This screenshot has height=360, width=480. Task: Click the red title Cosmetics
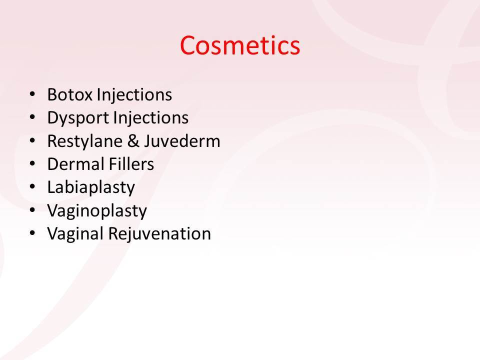point(240,45)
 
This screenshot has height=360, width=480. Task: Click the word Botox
point(70,94)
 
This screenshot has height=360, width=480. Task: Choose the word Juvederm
point(182,141)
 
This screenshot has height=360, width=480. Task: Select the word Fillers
point(131,164)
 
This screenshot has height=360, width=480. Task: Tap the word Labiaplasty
point(91,188)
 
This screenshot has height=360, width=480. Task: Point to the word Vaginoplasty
point(97,211)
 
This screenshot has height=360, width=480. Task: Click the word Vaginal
point(75,234)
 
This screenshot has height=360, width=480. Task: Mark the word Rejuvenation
point(160,234)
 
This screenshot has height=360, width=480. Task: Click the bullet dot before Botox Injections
point(32,94)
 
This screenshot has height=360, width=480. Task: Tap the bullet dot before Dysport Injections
point(32,117)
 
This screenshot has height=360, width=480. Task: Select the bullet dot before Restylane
point(32,140)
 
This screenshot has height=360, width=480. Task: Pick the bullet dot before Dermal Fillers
point(32,163)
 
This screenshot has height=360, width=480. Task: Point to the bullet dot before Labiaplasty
point(32,186)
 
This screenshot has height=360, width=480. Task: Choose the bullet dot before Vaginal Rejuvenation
point(32,233)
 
